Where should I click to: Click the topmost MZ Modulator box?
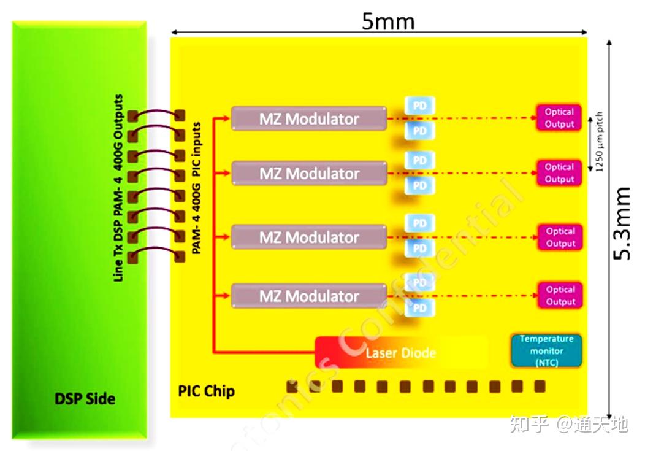[309, 118]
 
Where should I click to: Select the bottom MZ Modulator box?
[309, 296]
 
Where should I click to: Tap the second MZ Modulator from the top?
[309, 174]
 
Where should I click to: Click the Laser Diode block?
[400, 353]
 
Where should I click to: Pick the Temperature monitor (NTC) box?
[546, 351]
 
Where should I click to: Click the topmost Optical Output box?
[559, 118]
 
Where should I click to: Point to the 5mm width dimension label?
[387, 21]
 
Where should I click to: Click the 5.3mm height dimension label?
[623, 223]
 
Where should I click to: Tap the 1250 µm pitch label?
[599, 142]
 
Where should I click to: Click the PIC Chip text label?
[206, 391]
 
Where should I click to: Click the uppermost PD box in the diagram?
[419, 106]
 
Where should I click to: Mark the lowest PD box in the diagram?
[419, 307]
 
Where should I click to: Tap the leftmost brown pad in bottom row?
[292, 386]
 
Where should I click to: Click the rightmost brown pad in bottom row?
[540, 386]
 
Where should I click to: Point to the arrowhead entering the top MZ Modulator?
[226, 118]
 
